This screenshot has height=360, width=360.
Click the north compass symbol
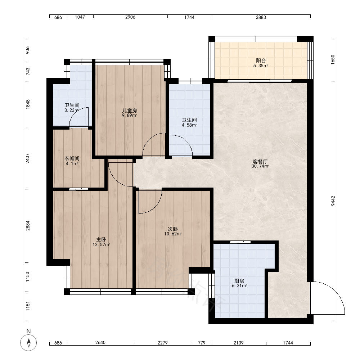tap(28, 343)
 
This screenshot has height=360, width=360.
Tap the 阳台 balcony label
tap(261, 60)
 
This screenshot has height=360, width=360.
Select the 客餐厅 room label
tap(260, 161)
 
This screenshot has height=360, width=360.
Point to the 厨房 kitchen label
tap(239, 281)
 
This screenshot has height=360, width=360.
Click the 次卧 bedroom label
tap(173, 229)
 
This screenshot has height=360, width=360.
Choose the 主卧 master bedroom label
tap(101, 239)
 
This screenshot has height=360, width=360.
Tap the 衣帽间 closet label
tap(72, 158)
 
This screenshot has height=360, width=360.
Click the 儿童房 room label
tap(130, 111)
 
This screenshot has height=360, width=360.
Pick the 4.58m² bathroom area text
tap(189, 125)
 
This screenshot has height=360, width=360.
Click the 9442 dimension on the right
tap(333, 201)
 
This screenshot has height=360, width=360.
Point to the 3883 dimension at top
tap(261, 17)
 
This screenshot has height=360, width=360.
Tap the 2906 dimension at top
tap(130, 17)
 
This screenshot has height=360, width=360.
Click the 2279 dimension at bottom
tap(163, 343)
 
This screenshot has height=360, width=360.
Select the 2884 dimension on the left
tap(28, 225)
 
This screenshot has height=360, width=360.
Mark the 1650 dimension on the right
tap(333, 60)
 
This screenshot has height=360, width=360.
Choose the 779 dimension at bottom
tap(202, 343)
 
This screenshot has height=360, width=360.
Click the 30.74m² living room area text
tap(260, 166)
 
